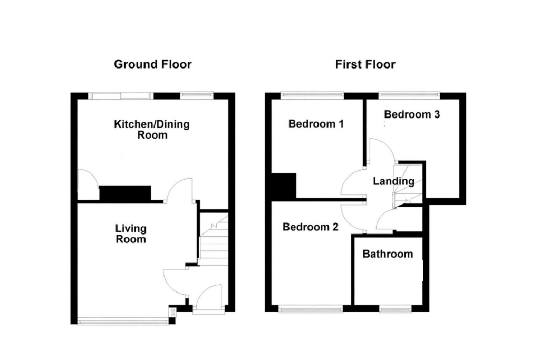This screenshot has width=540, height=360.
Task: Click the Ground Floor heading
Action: pos(153,64)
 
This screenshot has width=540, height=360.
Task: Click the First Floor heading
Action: pos(365,64)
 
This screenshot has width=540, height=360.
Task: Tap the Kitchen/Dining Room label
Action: pos(152,130)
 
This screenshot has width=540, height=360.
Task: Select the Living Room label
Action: pos(131,233)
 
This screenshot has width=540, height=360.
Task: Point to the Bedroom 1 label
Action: pos(316,124)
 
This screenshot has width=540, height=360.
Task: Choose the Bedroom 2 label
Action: pos(310,227)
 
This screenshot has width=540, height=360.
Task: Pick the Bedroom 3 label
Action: pos(412,114)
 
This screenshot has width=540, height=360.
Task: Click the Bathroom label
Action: pos(388,254)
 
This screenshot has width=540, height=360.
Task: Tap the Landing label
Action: pos(393,181)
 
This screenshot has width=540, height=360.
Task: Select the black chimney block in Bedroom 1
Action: pos(284,185)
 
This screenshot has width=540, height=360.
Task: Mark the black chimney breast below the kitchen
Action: pos(126,193)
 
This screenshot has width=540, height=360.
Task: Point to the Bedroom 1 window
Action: pos(312,95)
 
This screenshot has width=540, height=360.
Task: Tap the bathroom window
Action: pos(394,309)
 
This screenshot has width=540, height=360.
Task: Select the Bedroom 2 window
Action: pos(311,309)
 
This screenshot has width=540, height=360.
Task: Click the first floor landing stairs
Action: pos(409,187)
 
